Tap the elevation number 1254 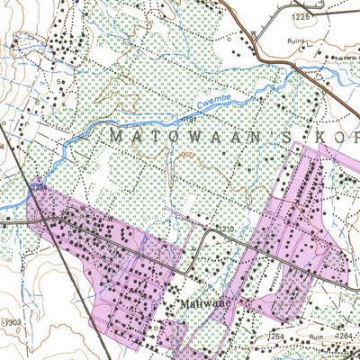tap(275, 337)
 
